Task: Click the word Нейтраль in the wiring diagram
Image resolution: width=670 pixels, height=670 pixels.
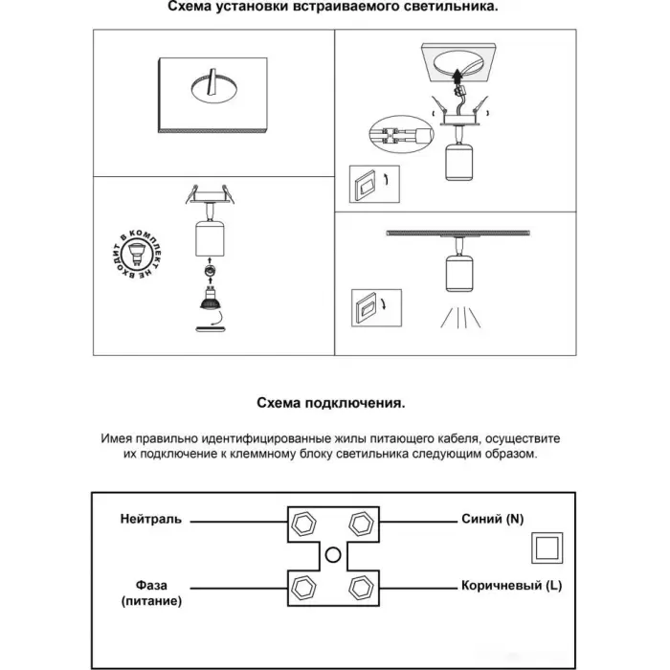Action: pos(150,521)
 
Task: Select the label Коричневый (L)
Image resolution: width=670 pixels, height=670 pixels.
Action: pos(508,585)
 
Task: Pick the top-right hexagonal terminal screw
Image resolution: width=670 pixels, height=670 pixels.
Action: pos(361,523)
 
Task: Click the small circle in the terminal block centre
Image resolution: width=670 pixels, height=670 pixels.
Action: pos(333,553)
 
